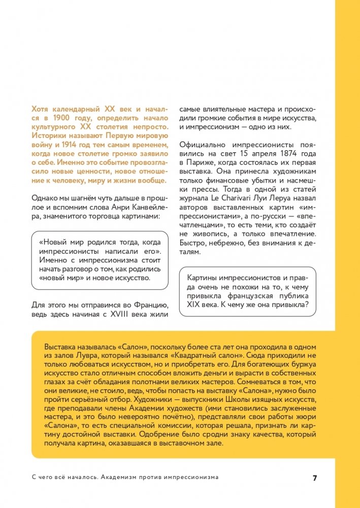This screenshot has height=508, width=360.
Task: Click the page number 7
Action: (x=315, y=478)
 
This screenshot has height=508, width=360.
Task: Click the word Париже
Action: (x=201, y=162)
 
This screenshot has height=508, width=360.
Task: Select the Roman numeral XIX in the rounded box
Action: (x=196, y=306)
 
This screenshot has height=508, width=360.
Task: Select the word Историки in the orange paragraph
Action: (x=48, y=136)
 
